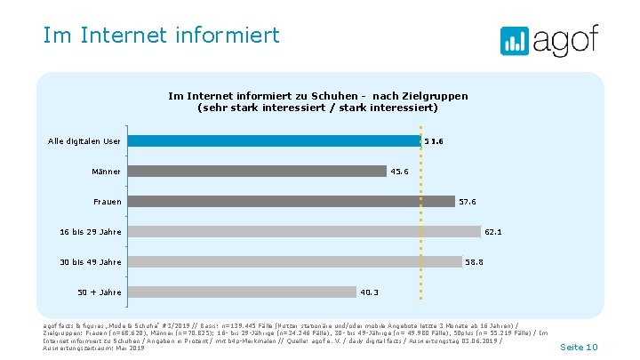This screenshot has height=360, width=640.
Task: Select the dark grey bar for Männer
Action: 257,171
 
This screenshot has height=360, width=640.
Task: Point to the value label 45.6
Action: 400,172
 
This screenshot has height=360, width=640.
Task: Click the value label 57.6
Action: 468,202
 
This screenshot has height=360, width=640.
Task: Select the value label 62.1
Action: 494,232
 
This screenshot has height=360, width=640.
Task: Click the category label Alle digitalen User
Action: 84,140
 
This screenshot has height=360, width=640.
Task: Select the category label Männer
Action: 106,171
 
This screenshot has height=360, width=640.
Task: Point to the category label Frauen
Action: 107,202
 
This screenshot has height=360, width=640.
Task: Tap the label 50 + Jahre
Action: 100,292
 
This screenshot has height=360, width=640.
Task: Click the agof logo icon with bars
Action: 515,42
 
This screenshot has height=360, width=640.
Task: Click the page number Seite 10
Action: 580,347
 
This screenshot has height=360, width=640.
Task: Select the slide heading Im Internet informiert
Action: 161,36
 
